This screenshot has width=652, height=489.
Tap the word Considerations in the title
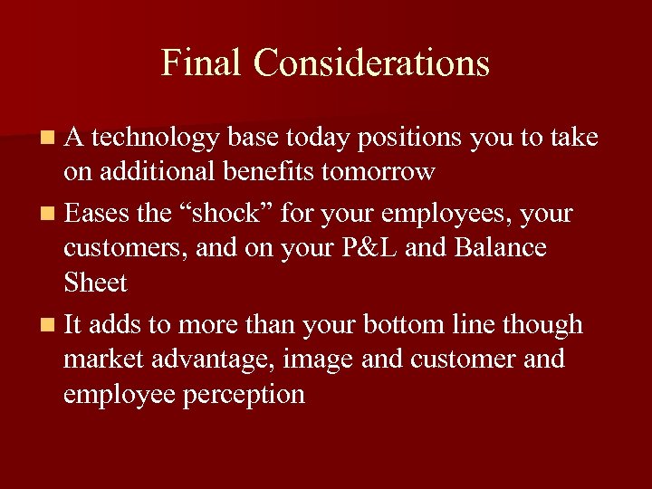point(371,63)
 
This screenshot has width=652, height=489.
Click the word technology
point(156,139)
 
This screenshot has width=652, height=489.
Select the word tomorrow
point(378,171)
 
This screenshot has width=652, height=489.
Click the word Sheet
point(95,283)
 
